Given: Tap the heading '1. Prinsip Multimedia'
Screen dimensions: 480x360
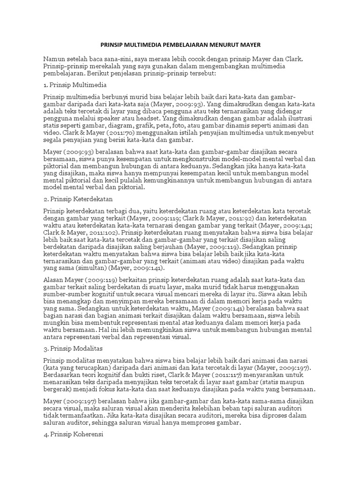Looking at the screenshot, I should coord(75,85).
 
